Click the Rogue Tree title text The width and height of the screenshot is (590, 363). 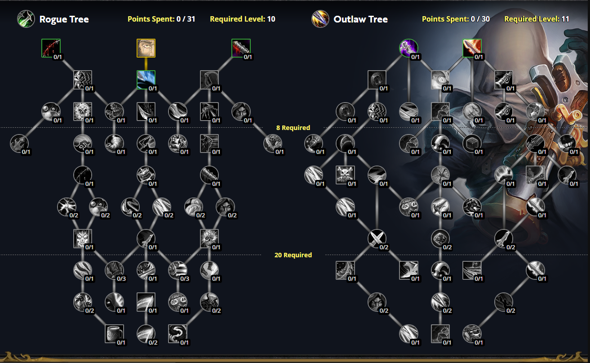point(64,19)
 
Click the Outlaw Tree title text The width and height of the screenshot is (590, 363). point(360,19)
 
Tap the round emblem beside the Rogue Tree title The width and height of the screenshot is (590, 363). point(25,19)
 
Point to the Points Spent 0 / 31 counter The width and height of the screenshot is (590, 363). point(161,19)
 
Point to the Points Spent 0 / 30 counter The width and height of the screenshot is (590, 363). point(456,19)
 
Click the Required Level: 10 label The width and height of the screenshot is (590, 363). point(242,19)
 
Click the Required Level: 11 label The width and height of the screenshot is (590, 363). point(537,19)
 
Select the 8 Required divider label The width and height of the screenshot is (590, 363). point(293,128)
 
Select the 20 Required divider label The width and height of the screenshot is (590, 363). point(293,255)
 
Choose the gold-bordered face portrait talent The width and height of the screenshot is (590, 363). point(146,48)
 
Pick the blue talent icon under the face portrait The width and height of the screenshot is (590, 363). point(146,80)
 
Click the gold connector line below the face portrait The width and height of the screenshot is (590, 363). point(146,64)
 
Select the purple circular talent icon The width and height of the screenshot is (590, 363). point(408,48)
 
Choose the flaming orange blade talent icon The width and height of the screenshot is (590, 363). point(472,48)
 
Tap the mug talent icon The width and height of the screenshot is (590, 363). point(114,333)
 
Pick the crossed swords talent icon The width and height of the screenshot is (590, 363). point(377,238)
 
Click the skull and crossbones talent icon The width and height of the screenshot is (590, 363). point(346,175)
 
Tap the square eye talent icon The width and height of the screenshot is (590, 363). point(440,80)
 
